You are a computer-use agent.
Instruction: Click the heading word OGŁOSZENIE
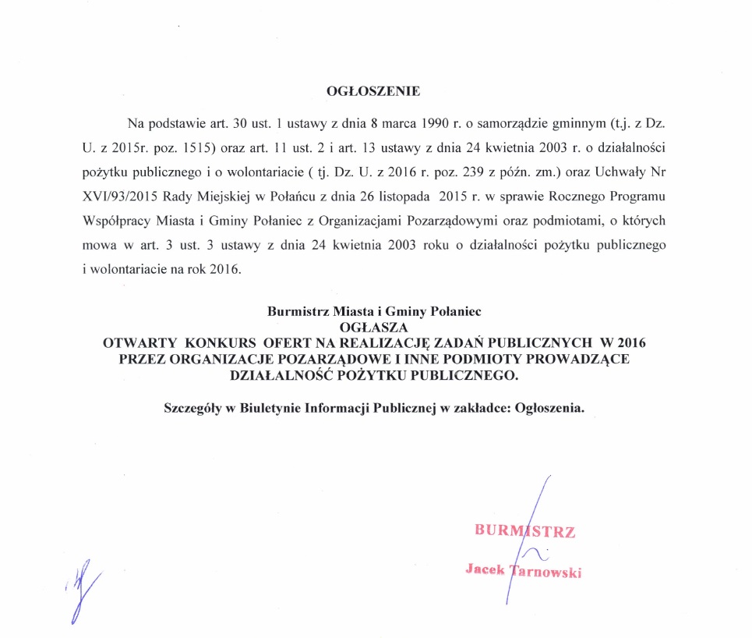(372, 91)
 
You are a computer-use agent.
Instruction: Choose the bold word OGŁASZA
(376, 327)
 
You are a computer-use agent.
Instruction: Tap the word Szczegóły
(192, 409)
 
